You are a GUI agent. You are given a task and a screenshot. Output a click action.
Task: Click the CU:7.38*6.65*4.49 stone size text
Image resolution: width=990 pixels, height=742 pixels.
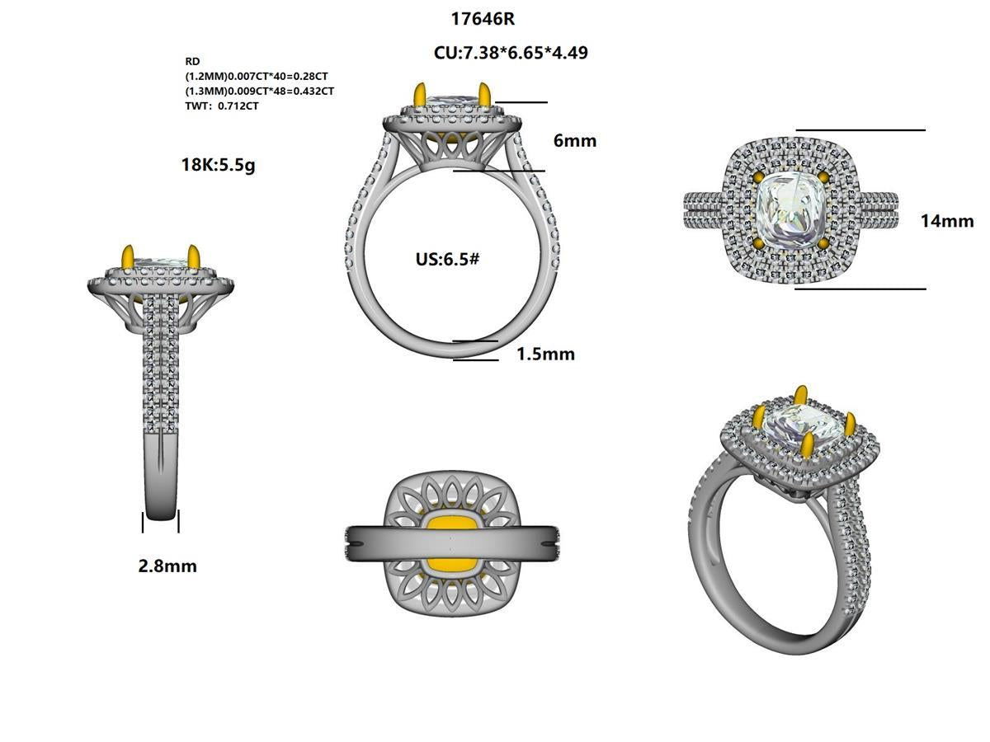pos(511,53)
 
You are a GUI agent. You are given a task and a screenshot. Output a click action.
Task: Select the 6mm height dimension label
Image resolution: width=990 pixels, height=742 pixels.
pos(575,141)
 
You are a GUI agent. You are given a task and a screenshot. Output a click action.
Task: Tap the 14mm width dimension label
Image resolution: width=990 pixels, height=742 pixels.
pos(947,221)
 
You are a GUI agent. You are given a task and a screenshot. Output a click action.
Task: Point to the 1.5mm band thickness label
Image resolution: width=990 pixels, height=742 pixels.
pos(545,355)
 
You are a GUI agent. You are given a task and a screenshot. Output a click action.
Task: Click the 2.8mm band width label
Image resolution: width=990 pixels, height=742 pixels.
pos(167,566)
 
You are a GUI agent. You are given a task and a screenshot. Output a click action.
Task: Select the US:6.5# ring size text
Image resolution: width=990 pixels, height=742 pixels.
pos(447,259)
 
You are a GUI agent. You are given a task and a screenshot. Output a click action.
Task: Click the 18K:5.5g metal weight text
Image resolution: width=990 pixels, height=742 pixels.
pos(218,164)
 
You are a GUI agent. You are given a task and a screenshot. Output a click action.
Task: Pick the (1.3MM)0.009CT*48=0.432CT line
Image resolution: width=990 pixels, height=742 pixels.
pos(259,92)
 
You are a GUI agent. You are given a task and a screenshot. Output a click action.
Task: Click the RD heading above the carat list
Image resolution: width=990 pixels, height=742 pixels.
pos(192,62)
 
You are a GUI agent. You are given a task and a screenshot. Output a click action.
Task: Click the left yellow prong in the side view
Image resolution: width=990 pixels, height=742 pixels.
pos(128,257)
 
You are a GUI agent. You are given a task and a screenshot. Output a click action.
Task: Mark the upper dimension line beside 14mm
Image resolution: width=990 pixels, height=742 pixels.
pos(860,130)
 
